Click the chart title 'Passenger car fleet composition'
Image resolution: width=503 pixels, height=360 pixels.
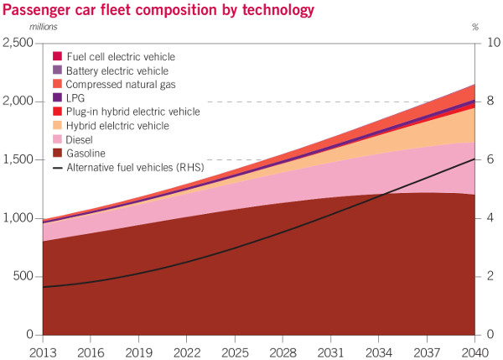(159, 10)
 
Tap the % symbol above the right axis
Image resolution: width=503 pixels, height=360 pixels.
(475, 28)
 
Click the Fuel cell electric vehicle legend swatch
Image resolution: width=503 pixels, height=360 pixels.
(57, 56)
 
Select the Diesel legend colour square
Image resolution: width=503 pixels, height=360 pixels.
(57, 139)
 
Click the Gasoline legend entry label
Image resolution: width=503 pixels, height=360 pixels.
(88, 153)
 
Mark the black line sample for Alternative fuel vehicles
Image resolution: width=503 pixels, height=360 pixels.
(56, 167)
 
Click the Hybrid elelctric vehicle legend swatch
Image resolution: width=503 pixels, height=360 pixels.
(57, 125)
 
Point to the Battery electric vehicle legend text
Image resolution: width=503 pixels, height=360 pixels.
(117, 70)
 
